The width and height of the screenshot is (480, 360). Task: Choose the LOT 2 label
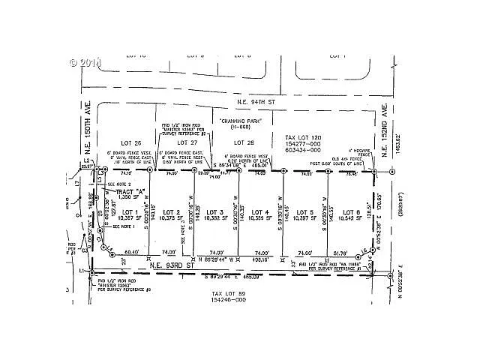click(172, 212)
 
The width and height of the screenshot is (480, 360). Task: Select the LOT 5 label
click(304, 212)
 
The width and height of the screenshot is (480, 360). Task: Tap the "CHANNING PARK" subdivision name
click(240, 121)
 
